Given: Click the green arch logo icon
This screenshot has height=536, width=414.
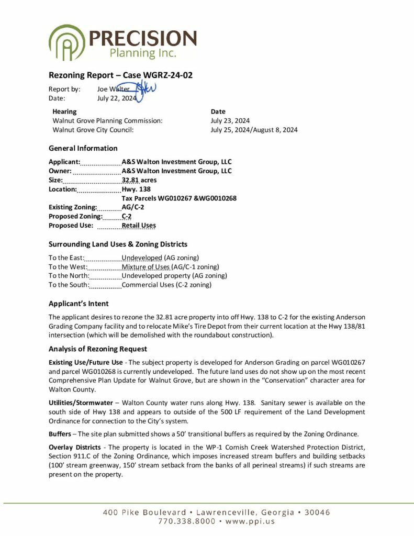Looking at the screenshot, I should tap(66, 42).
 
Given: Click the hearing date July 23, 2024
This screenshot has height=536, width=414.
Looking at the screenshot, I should tap(230, 120).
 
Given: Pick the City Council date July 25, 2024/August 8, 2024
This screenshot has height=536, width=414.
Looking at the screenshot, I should tap(254, 130).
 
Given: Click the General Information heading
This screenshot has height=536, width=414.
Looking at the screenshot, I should tap(83, 148).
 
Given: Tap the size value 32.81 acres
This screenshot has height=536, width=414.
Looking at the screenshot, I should tap(139, 180).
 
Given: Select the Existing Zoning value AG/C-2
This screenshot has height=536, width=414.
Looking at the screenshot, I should tap(133, 207).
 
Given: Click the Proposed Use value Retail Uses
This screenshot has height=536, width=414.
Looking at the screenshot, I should tap(139, 226).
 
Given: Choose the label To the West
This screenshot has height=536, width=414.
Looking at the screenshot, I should tap(66, 267).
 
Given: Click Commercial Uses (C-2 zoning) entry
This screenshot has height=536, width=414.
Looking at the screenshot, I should tap(166, 285).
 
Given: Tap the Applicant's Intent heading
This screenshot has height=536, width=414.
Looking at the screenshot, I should tap(79, 304).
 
